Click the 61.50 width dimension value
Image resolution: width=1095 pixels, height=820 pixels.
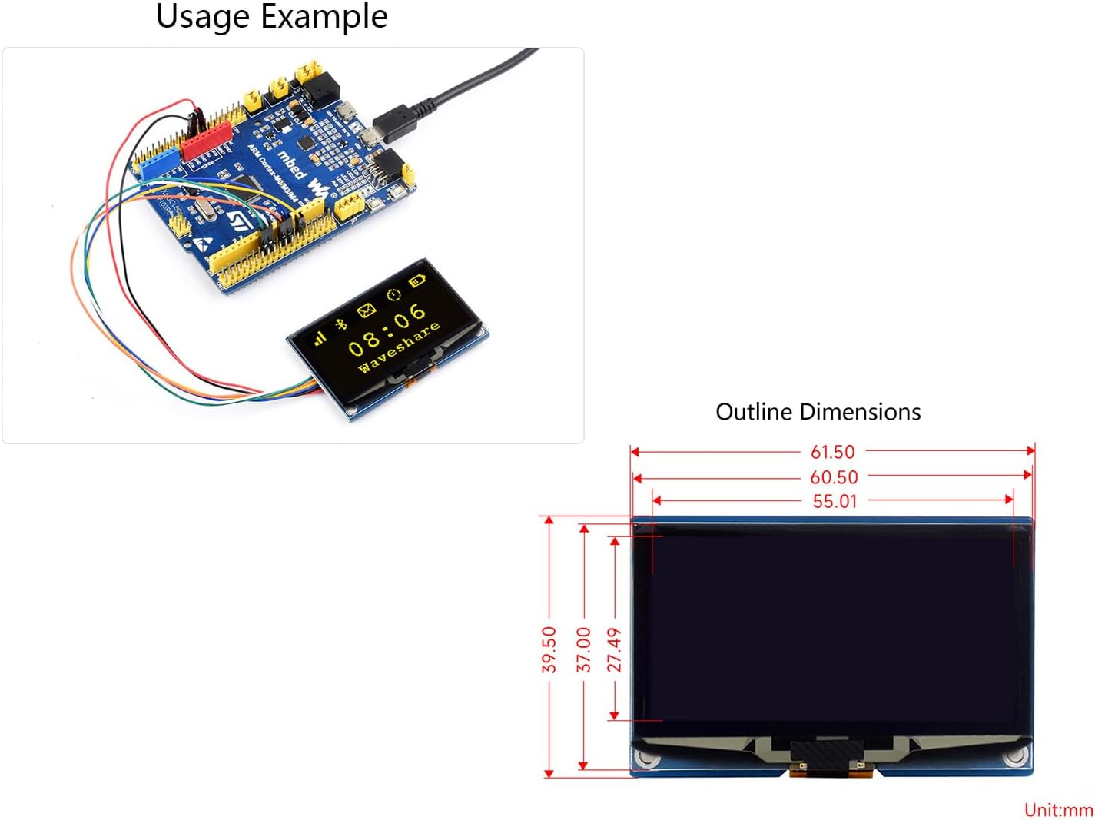click(x=832, y=452)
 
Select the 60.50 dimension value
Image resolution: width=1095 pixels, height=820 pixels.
click(x=834, y=477)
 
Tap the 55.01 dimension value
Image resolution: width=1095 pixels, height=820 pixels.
click(x=835, y=501)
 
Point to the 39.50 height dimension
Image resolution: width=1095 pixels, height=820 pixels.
click(x=549, y=649)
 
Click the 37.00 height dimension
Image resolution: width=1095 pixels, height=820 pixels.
click(x=584, y=649)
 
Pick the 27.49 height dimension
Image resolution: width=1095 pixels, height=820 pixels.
click(x=615, y=649)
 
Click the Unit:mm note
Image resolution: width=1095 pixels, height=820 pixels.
click(x=1058, y=809)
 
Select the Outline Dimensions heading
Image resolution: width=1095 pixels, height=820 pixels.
click(x=818, y=412)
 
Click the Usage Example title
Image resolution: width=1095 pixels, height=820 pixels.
click(x=271, y=16)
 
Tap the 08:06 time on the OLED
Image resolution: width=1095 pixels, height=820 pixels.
click(x=387, y=330)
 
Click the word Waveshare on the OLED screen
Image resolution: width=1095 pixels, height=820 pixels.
click(x=399, y=347)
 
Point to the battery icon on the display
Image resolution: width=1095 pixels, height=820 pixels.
click(x=416, y=280)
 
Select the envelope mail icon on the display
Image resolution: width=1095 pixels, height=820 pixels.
click(x=367, y=310)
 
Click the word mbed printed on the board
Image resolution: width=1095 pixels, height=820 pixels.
click(x=291, y=165)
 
